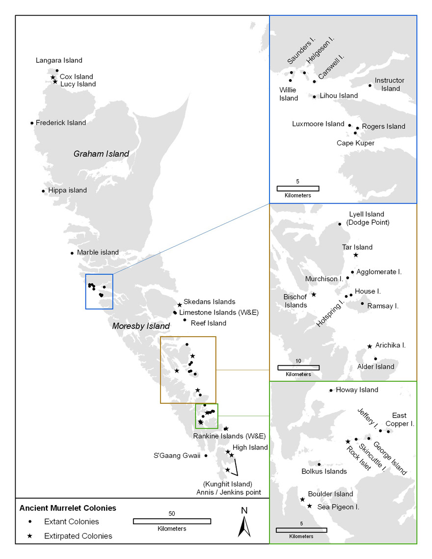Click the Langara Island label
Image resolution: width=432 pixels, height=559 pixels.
point(59,60)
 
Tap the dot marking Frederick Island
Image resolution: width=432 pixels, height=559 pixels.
point(32,123)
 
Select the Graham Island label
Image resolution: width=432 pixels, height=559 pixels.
point(101,154)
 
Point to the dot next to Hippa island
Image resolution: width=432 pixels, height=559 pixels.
point(44,190)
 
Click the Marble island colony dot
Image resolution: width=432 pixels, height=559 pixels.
point(72,253)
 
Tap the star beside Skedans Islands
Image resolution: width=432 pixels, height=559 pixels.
point(180,305)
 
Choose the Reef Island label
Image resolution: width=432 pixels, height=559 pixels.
point(208,323)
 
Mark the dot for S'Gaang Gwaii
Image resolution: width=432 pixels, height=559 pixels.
point(206,455)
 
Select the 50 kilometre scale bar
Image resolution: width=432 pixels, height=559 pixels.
point(172,521)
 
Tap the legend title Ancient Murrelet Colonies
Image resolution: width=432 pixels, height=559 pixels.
point(67,508)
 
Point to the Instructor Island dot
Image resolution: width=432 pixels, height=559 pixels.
point(370,85)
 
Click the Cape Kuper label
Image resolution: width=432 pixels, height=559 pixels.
point(356,143)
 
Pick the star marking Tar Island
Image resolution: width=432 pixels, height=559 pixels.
point(356,255)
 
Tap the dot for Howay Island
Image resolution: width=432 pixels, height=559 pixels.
point(331,391)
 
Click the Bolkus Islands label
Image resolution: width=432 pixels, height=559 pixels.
point(324,471)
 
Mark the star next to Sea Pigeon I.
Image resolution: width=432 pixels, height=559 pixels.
point(309,506)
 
